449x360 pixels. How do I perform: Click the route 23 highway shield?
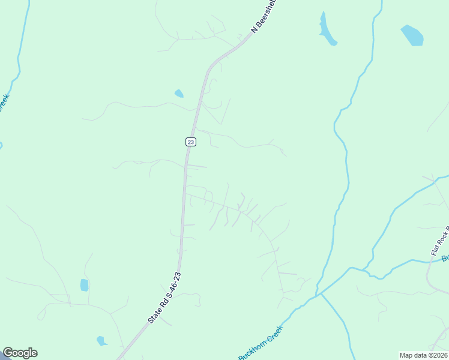190,142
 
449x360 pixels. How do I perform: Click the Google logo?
20,353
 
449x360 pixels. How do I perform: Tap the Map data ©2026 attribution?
423,355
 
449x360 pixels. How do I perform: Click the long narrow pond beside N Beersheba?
327,29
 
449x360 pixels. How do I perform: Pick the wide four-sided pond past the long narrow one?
412,35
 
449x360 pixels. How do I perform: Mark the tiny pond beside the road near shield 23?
179,93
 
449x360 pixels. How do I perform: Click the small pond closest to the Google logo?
101,341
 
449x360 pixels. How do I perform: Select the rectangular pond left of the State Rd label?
85,284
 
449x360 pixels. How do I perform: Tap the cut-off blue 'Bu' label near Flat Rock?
445,259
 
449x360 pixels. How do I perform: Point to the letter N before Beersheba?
254,28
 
